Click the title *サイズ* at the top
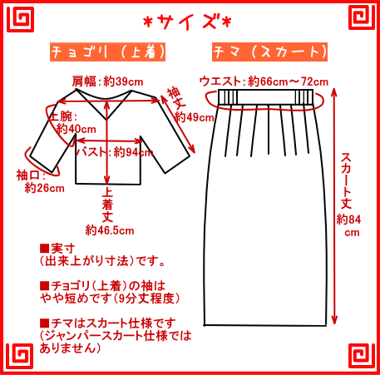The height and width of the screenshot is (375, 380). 187,22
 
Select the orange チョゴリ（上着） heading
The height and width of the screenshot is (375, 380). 107,52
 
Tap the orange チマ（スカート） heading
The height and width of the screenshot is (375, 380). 269,52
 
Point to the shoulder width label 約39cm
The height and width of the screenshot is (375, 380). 123,81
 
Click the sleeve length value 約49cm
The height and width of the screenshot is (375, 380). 194,117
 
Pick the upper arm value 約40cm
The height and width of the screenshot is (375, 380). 76,129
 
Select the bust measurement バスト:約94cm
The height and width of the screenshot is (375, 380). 115,152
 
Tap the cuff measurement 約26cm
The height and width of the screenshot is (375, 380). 45,188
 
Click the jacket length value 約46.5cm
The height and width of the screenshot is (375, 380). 110,230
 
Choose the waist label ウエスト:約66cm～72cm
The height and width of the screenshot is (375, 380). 264,81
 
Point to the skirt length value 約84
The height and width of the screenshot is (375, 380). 348,220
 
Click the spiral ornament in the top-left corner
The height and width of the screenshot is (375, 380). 21,19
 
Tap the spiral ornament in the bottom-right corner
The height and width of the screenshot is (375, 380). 362,356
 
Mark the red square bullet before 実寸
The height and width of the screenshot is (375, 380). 44,248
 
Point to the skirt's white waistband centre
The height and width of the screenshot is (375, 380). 266,96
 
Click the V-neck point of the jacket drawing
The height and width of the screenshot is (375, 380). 106,120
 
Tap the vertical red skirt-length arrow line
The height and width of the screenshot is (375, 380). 334,206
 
